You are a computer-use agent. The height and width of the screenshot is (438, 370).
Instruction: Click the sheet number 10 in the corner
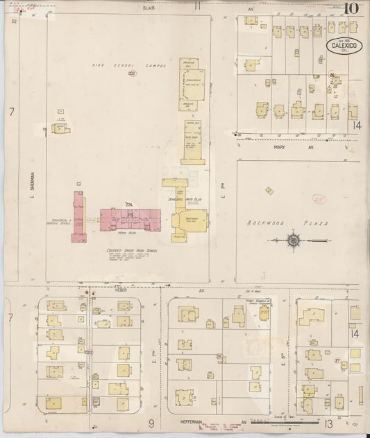[x=351, y=10]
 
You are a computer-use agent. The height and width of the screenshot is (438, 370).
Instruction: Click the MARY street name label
[x=280, y=147]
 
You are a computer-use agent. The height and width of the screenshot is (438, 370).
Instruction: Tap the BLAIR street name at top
[x=148, y=8]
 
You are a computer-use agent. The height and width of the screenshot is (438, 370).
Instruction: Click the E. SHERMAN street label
[x=32, y=184]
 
